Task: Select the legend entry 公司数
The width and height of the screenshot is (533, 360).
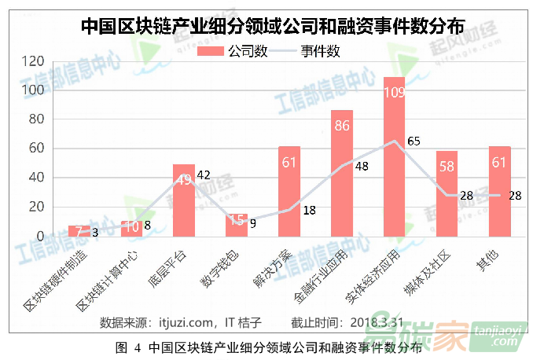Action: (240, 52)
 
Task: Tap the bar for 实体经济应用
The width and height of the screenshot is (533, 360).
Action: (394, 157)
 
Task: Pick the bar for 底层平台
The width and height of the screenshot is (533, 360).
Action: (183, 200)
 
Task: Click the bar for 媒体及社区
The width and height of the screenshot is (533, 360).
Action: (447, 193)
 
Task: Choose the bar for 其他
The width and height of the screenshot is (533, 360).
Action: (499, 191)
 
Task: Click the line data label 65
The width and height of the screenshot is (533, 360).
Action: (414, 141)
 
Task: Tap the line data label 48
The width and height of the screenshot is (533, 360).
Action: (362, 166)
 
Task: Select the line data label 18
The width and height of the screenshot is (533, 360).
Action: (309, 210)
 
